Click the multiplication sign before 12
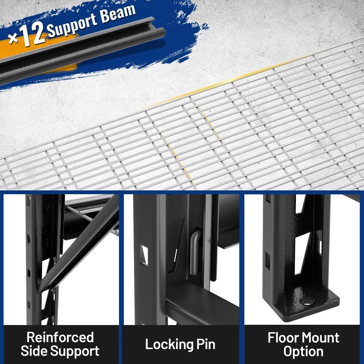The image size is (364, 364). (x=13, y=38)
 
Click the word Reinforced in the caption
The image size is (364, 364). (x=60, y=337)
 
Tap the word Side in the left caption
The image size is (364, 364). (x=34, y=351)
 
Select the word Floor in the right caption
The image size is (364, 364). (x=284, y=337)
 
